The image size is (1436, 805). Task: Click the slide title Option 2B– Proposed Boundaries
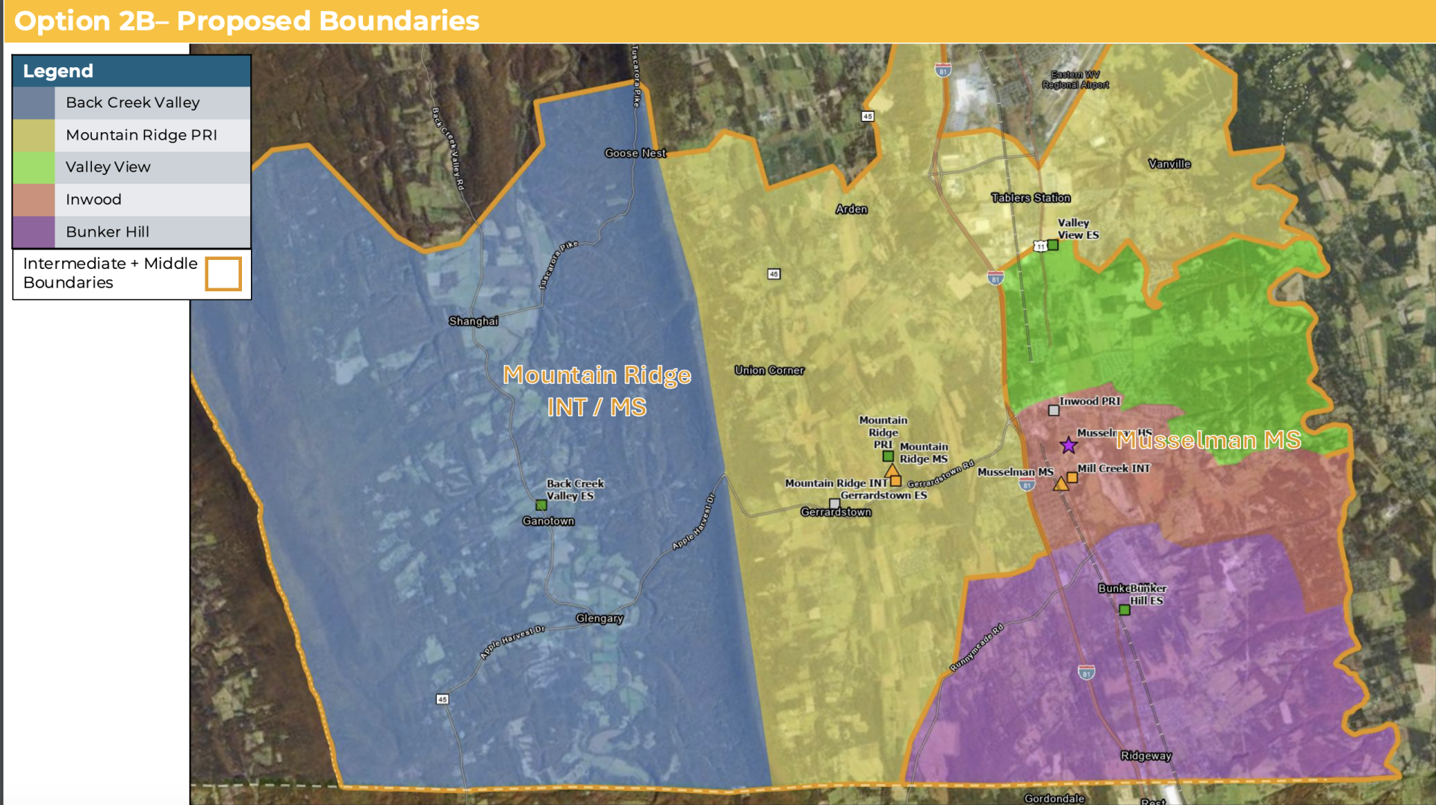pos(246,21)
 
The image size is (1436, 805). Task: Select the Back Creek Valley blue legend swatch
pos(34,103)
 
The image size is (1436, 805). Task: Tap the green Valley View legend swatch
pos(34,167)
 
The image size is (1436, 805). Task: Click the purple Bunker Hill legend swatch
pos(34,232)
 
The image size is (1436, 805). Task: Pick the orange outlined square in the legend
pos(223,273)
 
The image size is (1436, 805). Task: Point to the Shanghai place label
pos(473,321)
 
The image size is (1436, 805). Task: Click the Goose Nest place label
pos(635,153)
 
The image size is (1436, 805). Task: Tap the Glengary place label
pos(599,618)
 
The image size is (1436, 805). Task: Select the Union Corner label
pos(769,370)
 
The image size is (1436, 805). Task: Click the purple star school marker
pos(1069,446)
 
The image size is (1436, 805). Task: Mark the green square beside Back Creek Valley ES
pos(541,506)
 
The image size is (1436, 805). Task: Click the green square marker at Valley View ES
pos(1053,245)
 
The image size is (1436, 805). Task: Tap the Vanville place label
pos(1169,164)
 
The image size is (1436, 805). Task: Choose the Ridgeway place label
pos(1146,756)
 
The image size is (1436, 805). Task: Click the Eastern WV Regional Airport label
pos(1075,79)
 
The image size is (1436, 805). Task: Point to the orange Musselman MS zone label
pos(1208,441)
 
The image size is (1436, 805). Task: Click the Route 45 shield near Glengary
pos(442,700)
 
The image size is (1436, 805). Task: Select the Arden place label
pos(851,210)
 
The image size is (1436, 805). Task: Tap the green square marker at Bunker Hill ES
pos(1125,610)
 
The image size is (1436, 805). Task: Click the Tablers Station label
pos(1031,198)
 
